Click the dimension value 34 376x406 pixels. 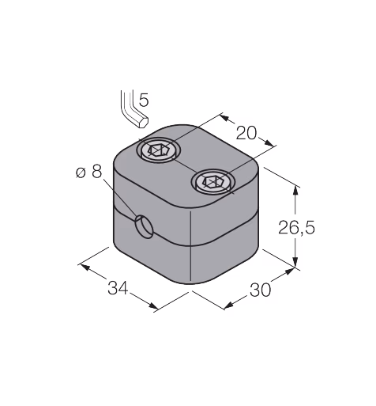[x=118, y=288]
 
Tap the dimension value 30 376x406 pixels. [x=260, y=290]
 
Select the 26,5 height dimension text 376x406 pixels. [x=296, y=228]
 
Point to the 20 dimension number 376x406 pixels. [x=246, y=133]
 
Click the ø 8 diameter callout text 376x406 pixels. [x=88, y=173]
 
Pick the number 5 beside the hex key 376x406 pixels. [x=144, y=100]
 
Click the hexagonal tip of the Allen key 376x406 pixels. [x=143, y=122]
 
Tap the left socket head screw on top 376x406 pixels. [x=159, y=151]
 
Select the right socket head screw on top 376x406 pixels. [x=213, y=182]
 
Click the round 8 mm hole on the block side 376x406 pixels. [x=144, y=226]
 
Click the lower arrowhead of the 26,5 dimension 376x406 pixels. [x=296, y=262]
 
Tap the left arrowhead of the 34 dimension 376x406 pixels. [x=85, y=267]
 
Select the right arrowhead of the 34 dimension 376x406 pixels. [x=153, y=305]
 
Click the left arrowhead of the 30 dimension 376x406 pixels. [x=228, y=305]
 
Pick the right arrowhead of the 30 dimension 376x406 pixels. [x=290, y=271]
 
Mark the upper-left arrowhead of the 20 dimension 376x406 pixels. [x=224, y=118]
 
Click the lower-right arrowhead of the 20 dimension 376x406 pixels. [x=269, y=142]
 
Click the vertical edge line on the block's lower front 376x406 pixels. [x=190, y=246]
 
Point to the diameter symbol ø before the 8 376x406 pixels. [x=81, y=173]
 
